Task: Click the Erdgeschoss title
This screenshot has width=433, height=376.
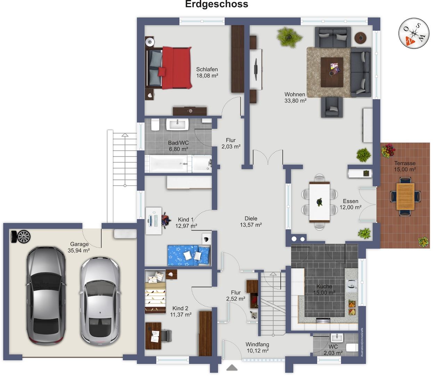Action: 217,4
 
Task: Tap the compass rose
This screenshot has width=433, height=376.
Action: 414,33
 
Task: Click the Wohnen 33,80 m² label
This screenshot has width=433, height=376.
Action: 295,97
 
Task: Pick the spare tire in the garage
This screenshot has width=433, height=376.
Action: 21,237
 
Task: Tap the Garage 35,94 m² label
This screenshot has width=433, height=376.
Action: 79,247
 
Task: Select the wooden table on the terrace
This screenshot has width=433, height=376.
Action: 405,196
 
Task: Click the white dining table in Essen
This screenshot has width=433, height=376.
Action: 319,202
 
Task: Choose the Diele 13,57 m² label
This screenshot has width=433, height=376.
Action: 251,221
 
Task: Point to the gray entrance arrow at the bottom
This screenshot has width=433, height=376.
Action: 232,367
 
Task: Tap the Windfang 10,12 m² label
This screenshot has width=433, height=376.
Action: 258,347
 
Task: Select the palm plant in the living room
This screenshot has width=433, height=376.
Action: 289,37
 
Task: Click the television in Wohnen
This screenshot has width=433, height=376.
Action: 256,69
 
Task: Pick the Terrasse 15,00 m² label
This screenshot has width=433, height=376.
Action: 405,166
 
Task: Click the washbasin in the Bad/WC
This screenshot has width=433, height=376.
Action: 178,124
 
